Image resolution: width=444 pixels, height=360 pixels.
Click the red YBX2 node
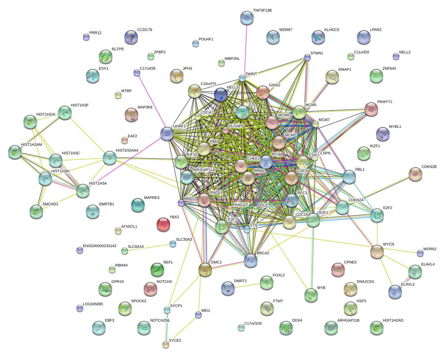[163, 225]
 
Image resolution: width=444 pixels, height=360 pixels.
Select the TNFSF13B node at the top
[247, 18]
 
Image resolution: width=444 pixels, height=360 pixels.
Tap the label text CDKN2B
[429, 167]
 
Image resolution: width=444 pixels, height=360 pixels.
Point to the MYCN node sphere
[377, 252]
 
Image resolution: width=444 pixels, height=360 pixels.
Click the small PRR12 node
[86, 37]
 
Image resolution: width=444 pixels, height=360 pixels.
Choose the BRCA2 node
[251, 261]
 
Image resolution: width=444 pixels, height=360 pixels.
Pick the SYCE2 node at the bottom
[166, 345]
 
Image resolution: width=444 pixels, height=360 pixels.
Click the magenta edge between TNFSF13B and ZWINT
[245, 48]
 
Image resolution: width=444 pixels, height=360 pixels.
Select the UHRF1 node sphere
[167, 134]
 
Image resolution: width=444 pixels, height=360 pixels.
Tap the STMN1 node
[307, 57]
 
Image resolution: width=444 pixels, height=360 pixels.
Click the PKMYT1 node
[371, 109]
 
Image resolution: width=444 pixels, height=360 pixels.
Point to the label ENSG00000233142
[100, 246]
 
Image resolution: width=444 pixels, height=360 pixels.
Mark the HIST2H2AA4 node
[109, 158]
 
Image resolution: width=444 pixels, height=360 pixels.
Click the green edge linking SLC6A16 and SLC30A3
[149, 247]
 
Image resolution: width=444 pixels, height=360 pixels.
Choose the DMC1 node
[205, 270]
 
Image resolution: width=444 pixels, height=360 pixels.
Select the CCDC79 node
[131, 37]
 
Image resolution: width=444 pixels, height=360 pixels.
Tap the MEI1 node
[198, 315]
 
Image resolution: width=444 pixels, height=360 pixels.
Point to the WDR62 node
[420, 253]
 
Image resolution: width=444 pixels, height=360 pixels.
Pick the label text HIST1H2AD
[393, 321]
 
